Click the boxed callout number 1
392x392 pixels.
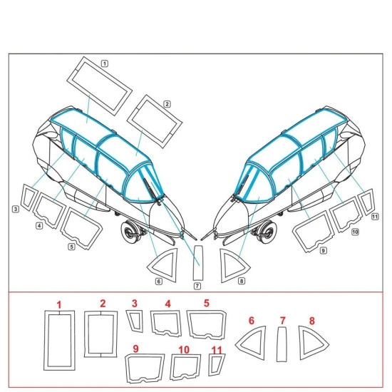(x=105, y=63)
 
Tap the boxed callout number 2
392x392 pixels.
(x=167, y=104)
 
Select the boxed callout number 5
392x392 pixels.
(x=71, y=247)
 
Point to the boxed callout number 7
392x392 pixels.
(x=197, y=286)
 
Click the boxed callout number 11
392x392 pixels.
(x=375, y=217)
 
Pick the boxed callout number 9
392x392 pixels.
(x=324, y=250)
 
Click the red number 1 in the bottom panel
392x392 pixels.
(x=59, y=305)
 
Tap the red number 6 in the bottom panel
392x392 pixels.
(x=252, y=321)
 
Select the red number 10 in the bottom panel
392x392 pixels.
(x=184, y=350)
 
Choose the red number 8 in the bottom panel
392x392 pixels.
(x=311, y=321)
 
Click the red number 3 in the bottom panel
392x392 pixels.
(x=135, y=304)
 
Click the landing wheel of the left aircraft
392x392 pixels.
(x=130, y=232)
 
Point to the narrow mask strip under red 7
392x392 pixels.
(x=282, y=344)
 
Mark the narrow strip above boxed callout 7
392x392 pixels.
(x=198, y=263)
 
